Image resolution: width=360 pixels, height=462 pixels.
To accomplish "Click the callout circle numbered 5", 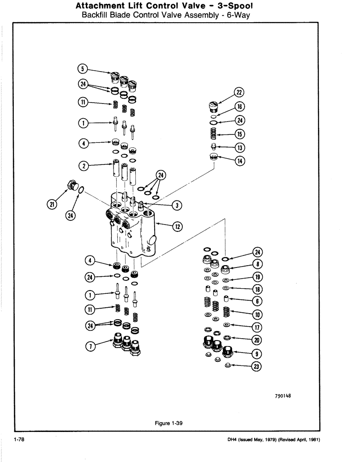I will click(x=82, y=70).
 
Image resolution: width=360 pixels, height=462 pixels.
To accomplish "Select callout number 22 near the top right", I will click(x=239, y=91).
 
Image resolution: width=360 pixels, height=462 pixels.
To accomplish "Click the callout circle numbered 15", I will click(x=239, y=134).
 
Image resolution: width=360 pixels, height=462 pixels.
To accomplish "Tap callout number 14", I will click(x=239, y=161).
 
